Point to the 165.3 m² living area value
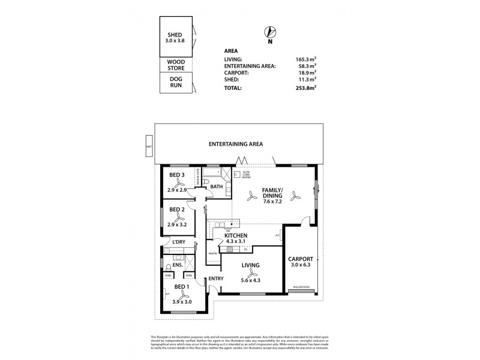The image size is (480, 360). click(306, 59)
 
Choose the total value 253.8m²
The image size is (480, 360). click(305, 88)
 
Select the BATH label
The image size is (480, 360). click(216, 187)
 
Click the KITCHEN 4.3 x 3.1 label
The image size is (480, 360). click(236, 239)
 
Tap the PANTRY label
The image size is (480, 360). click(212, 254)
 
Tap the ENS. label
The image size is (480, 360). click(177, 265)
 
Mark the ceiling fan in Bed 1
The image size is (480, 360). click(180, 294)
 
